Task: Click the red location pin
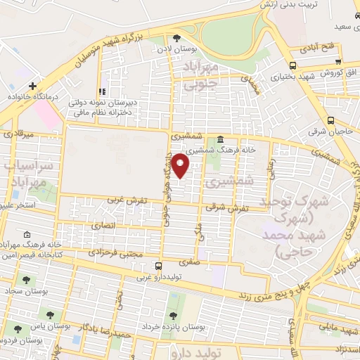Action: (x=181, y=165)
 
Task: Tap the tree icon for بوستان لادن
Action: (x=177, y=38)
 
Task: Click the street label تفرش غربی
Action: (x=127, y=200)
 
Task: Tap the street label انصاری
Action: (x=103, y=226)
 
